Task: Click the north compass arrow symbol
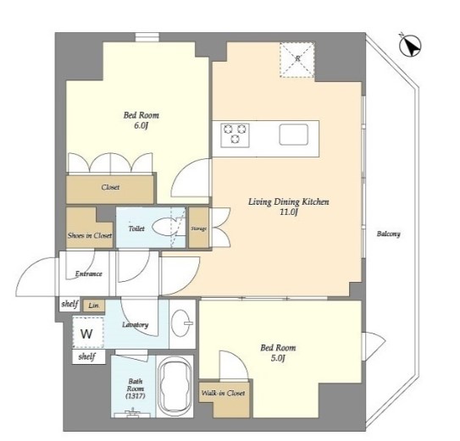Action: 410,46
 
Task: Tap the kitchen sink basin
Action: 294,135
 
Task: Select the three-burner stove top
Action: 235,135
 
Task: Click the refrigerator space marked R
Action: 297,60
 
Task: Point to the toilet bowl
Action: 163,227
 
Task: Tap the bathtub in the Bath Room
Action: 175,387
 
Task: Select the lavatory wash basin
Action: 181,323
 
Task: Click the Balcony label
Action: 389,234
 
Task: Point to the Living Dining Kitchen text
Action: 289,202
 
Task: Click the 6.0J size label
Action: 141,126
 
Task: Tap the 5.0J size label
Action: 278,358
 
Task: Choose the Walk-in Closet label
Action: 223,393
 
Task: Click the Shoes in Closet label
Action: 90,235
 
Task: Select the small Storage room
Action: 198,228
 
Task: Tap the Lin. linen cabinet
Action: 93,306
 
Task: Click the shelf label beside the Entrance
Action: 69,304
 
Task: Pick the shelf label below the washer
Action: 87,357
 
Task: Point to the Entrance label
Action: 89,274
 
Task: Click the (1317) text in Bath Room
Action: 135,396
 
